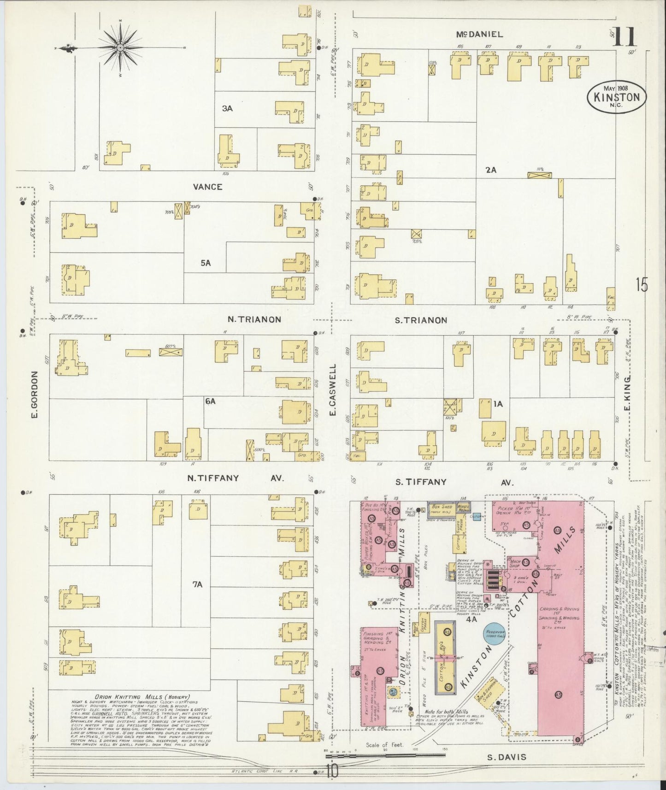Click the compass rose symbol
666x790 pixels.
119,47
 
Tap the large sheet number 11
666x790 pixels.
624,37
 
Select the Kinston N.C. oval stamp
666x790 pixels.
617,97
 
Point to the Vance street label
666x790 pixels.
207,187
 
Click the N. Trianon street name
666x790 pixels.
254,319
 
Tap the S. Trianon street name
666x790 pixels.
420,320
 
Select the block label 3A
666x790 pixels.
227,108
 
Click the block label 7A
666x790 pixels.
197,584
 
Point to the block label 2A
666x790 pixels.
490,170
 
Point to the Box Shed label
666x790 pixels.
441,507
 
